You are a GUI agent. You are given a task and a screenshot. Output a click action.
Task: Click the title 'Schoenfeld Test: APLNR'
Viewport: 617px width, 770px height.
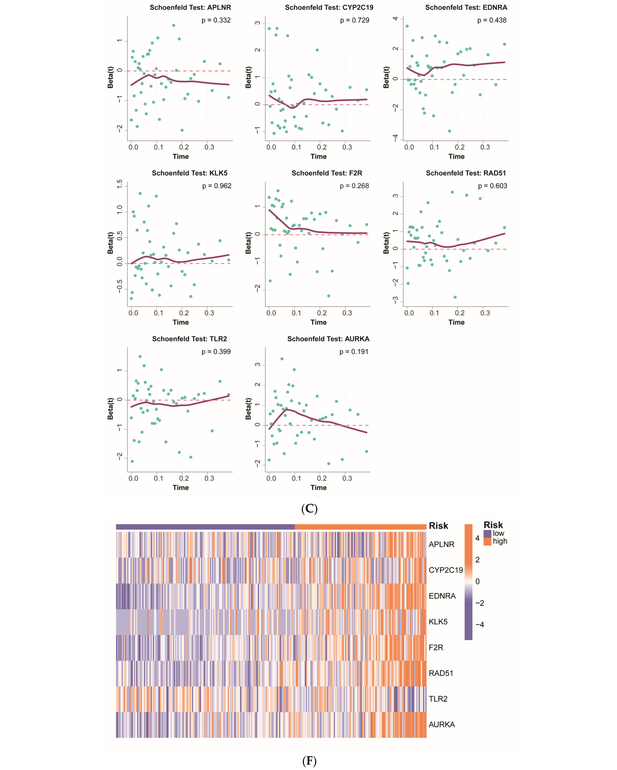(x=190, y=7)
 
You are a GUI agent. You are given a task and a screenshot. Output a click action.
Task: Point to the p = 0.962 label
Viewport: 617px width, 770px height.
(x=217, y=186)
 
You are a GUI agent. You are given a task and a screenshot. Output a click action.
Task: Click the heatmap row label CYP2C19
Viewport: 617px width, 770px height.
(x=446, y=570)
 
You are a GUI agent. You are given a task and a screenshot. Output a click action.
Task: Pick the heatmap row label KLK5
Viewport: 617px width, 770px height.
(x=438, y=622)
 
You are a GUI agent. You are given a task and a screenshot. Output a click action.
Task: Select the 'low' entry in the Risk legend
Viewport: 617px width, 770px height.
(x=498, y=534)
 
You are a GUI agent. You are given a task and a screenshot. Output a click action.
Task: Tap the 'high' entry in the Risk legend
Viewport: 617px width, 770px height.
(x=500, y=541)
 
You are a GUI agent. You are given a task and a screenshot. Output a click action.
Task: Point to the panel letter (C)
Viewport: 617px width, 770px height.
(x=309, y=509)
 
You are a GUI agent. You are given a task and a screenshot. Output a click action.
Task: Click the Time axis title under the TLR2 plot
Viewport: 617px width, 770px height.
(x=181, y=488)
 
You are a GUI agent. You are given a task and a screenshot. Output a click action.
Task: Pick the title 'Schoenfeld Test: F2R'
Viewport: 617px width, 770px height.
(x=327, y=173)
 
